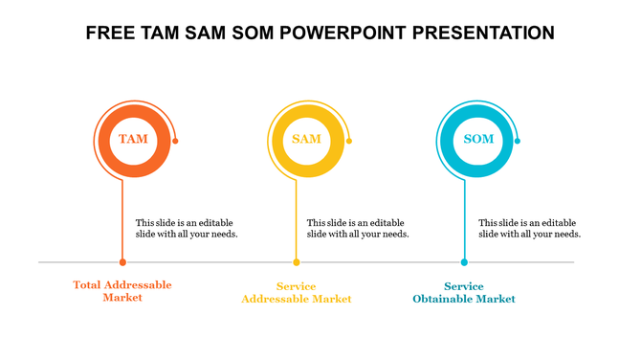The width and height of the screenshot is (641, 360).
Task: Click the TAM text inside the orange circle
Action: click(x=133, y=140)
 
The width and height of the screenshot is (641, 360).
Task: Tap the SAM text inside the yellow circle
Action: click(x=306, y=140)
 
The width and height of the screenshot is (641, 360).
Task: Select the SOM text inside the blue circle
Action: click(x=478, y=140)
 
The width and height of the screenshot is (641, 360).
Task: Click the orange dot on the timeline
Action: click(x=122, y=261)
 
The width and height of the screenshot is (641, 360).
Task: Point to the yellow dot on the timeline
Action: click(x=297, y=261)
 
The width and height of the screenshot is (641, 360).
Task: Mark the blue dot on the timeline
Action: click(x=464, y=261)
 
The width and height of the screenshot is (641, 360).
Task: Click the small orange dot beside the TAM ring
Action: click(x=175, y=141)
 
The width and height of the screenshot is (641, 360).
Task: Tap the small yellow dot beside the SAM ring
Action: click(x=349, y=141)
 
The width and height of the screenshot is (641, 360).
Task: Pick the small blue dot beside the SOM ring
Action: click(x=518, y=141)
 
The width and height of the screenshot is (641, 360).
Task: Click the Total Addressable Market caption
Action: click(x=122, y=292)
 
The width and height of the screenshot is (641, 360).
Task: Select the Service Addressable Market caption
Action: click(x=296, y=293)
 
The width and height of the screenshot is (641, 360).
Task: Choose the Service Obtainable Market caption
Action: click(x=464, y=293)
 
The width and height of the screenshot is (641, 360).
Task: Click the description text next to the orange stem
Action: click(x=187, y=228)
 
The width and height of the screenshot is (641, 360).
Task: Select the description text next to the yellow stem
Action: click(x=358, y=228)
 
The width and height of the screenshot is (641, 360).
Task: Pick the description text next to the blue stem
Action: click(x=529, y=228)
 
